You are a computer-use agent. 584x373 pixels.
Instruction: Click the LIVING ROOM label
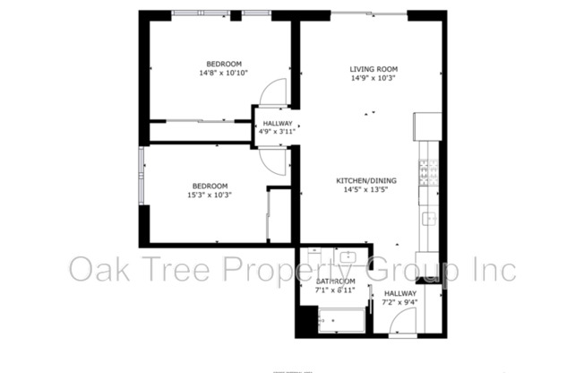(x=374, y=69)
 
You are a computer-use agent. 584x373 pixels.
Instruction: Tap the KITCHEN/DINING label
(x=371, y=179)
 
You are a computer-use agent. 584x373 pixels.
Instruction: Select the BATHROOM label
(x=335, y=282)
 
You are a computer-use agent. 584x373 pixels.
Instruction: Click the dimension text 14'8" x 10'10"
(x=223, y=73)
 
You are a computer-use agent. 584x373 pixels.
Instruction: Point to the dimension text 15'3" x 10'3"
(x=210, y=195)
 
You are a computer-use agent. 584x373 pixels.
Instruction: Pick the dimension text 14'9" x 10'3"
(x=374, y=78)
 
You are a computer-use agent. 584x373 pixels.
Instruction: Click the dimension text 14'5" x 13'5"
(x=371, y=189)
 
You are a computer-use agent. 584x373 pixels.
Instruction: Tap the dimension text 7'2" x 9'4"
(x=400, y=302)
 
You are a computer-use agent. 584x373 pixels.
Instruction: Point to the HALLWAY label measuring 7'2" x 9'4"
(x=400, y=293)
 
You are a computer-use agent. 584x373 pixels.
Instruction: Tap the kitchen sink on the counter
(x=428, y=218)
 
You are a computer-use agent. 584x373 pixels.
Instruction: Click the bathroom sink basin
(x=349, y=259)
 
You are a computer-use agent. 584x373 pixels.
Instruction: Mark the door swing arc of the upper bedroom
(x=274, y=91)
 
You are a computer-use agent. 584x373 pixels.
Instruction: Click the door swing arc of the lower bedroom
(x=275, y=159)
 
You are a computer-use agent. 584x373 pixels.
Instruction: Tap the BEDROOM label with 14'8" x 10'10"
(x=223, y=64)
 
